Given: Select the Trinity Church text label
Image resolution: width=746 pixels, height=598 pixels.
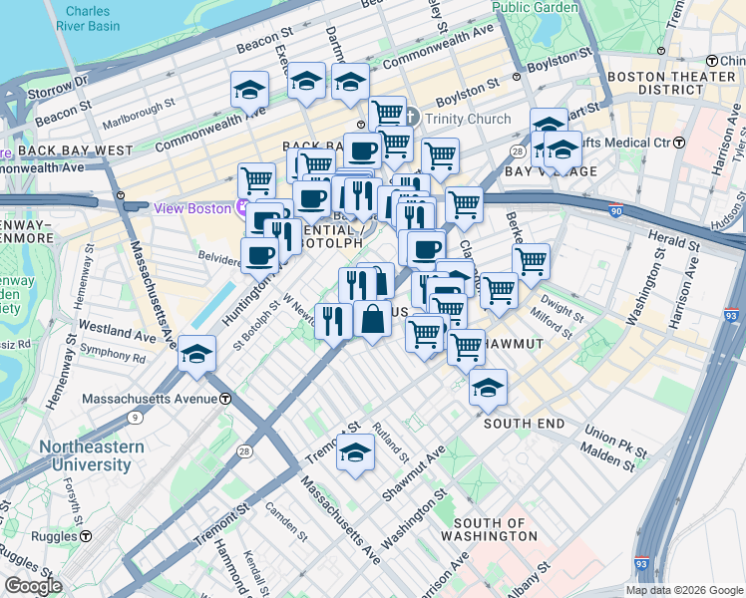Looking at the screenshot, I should (468, 119).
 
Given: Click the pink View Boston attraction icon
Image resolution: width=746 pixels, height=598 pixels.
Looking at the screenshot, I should (240, 207).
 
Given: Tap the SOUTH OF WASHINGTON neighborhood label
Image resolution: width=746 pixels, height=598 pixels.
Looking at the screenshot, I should (496, 529).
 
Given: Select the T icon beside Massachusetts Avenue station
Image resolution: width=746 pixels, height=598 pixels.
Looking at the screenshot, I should (226, 399).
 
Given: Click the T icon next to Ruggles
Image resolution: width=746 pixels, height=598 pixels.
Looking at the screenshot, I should (86, 536).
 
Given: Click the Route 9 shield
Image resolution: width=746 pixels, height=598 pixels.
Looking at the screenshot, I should (134, 418).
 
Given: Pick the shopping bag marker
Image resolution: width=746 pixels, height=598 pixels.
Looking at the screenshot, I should (372, 320).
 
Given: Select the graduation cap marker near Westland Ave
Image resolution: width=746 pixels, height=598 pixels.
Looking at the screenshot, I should (197, 354).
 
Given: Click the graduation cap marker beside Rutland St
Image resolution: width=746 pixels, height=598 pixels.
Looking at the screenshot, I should (355, 452).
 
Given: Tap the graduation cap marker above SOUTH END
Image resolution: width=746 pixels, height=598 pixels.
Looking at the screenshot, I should (488, 389).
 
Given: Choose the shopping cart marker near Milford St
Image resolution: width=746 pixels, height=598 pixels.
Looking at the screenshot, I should (499, 290).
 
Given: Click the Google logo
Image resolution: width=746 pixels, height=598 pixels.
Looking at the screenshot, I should (33, 586).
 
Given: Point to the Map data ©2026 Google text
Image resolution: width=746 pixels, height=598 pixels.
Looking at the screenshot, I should (684, 590).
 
